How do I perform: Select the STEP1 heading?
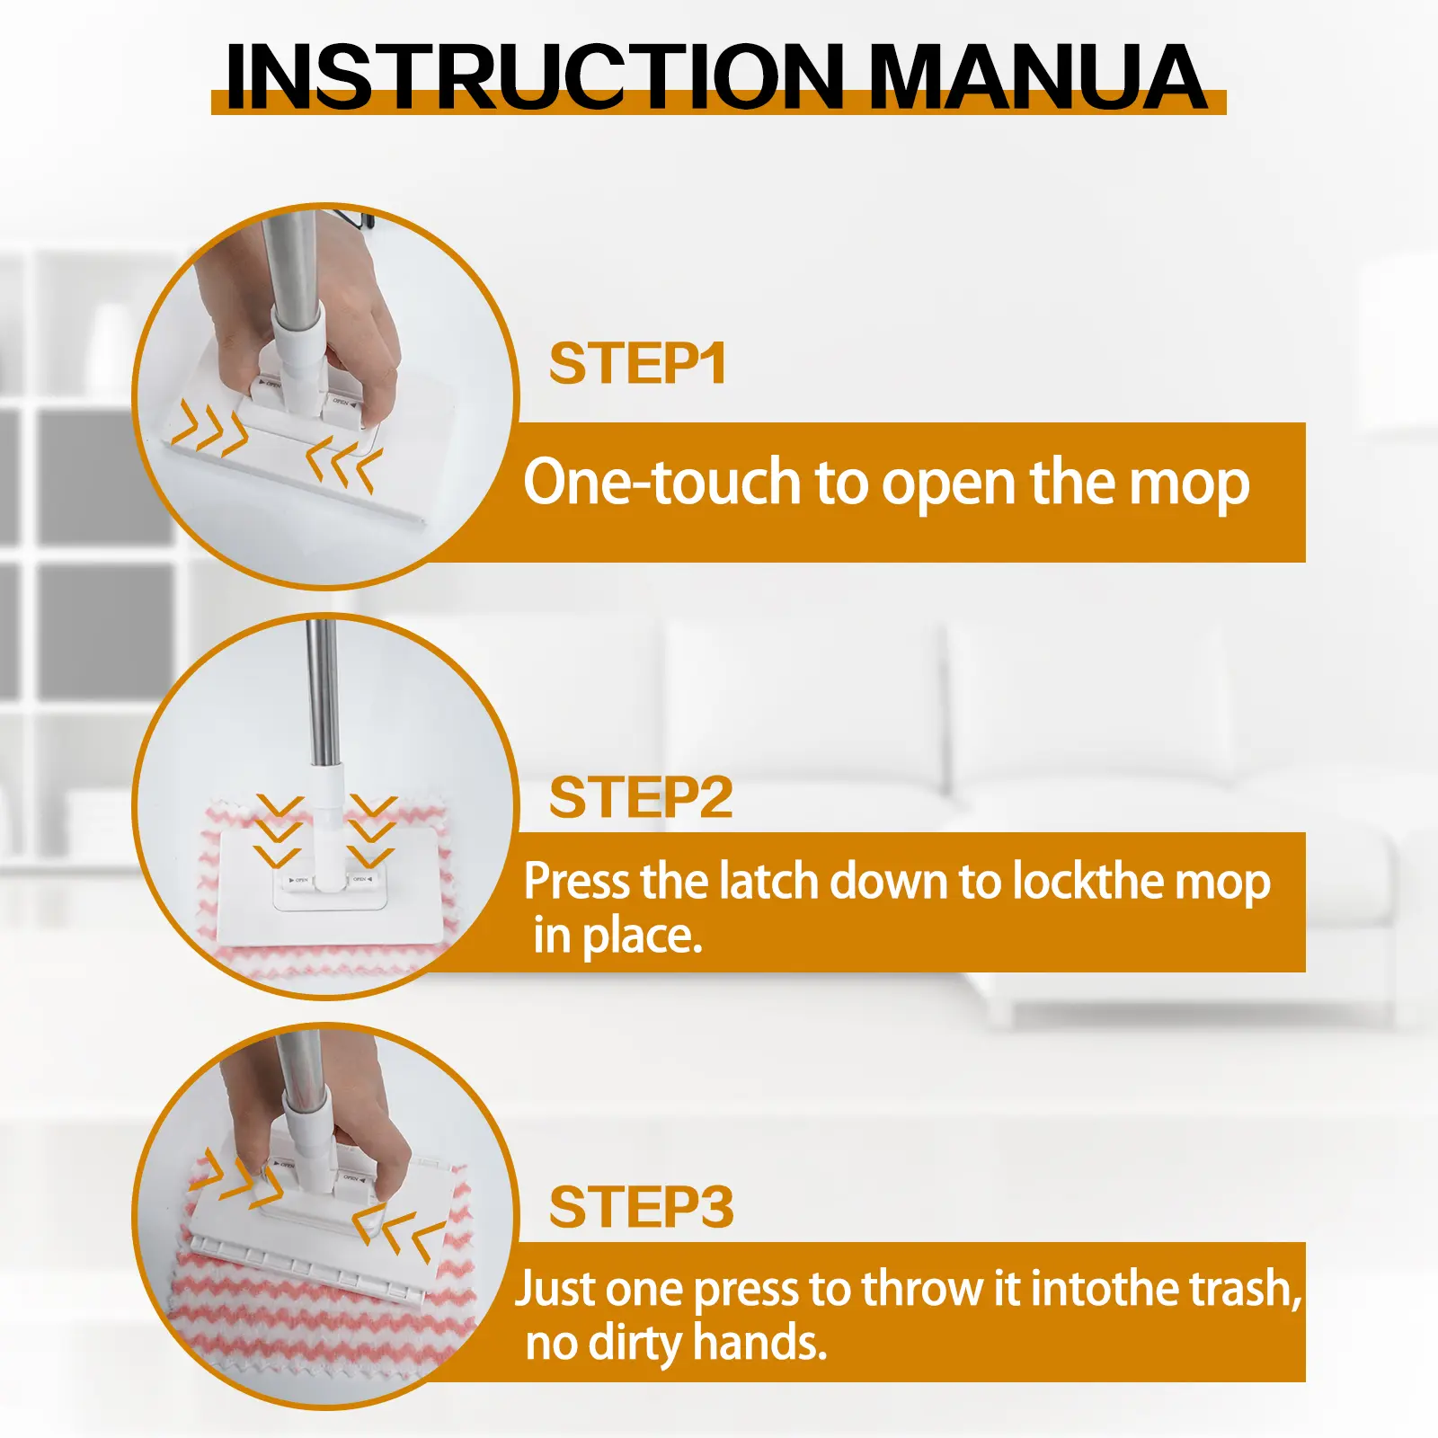coord(637,364)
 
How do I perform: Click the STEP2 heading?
coord(641,797)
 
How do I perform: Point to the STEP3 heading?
coord(642,1207)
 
